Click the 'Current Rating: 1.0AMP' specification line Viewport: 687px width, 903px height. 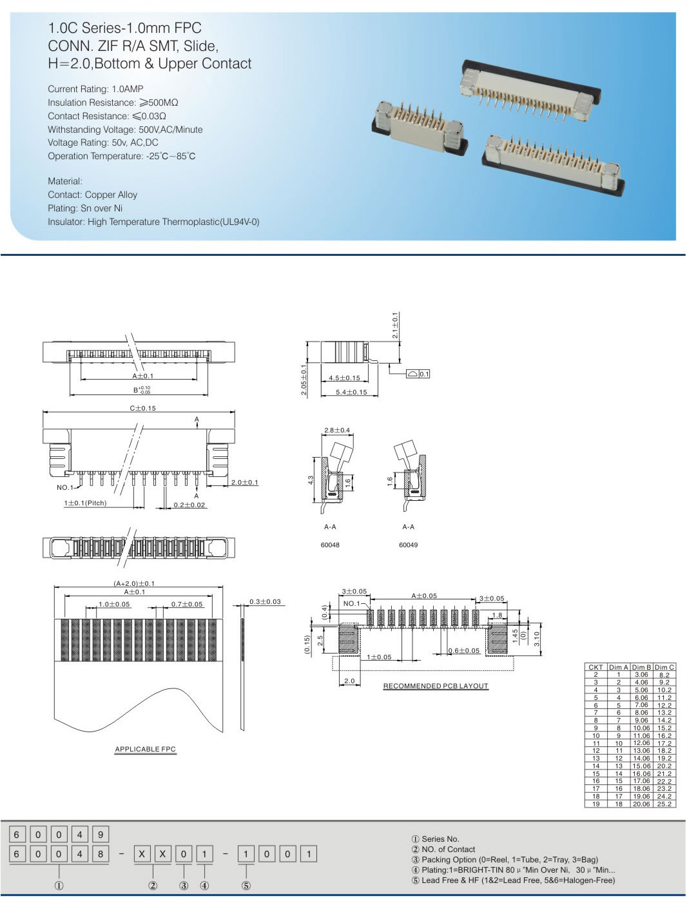pyautogui.click(x=95, y=89)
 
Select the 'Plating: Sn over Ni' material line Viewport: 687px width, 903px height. pyautogui.click(x=84, y=208)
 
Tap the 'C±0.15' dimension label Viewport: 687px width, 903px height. pyautogui.click(x=142, y=408)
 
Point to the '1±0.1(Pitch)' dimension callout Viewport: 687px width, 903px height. pyautogui.click(x=94, y=503)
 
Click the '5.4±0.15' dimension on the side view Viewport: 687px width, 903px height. pyautogui.click(x=351, y=392)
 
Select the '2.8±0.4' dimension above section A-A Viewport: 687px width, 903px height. pyautogui.click(x=337, y=430)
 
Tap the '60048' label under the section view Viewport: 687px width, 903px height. pyautogui.click(x=330, y=545)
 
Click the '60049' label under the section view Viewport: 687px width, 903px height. pyautogui.click(x=408, y=545)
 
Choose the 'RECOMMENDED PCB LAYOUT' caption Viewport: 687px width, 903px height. pyautogui.click(x=436, y=686)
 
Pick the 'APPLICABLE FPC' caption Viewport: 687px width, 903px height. pyautogui.click(x=145, y=749)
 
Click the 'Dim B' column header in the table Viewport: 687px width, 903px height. pyautogui.click(x=641, y=667)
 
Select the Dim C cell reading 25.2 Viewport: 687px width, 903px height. pyautogui.click(x=664, y=804)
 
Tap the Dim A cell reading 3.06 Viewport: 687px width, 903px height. pyautogui.click(x=641, y=675)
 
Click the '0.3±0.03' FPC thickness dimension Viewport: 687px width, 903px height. pyautogui.click(x=265, y=601)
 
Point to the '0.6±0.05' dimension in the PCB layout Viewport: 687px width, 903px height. pyautogui.click(x=464, y=650)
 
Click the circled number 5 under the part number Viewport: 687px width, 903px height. pyautogui.click(x=246, y=886)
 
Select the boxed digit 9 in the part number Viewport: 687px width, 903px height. pyautogui.click(x=101, y=835)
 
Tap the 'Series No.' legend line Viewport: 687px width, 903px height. pyautogui.click(x=436, y=839)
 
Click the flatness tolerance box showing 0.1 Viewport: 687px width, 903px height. pyautogui.click(x=418, y=374)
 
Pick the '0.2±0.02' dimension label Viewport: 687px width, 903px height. pyautogui.click(x=189, y=505)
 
